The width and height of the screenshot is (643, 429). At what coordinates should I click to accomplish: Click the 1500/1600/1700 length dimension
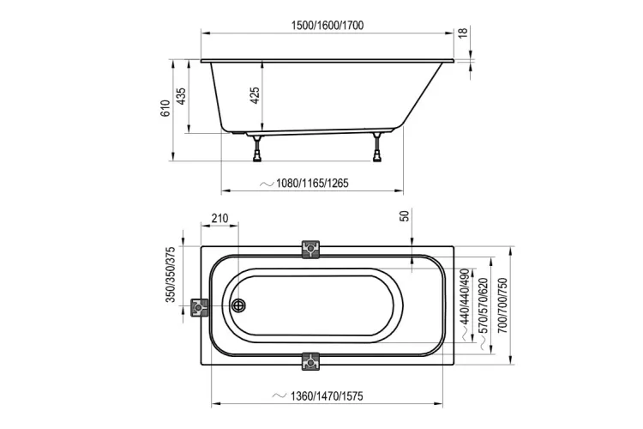tap(328, 26)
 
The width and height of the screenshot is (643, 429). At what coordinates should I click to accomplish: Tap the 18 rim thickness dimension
tap(463, 33)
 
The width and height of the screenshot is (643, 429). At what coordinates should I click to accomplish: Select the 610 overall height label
tap(165, 108)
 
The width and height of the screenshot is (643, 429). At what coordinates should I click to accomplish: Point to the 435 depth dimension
tap(181, 96)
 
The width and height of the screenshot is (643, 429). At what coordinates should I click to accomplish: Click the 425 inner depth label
tap(255, 95)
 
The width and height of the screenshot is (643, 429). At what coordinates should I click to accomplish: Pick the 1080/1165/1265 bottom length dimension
tap(312, 183)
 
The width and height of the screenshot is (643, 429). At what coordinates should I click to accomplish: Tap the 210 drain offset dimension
tap(219, 218)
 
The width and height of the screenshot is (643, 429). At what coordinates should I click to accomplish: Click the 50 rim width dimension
tap(405, 216)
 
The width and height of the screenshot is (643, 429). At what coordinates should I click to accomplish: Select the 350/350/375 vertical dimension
tap(171, 275)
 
